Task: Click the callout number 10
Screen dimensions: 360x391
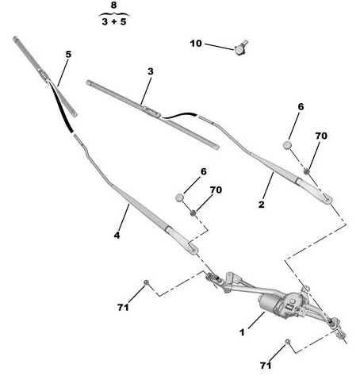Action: pos(196,44)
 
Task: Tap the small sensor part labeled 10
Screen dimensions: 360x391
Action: pos(240,48)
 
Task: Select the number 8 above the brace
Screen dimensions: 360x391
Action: pos(113,5)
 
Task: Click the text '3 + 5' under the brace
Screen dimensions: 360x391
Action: pos(114,21)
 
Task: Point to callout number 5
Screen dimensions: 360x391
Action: pos(68,54)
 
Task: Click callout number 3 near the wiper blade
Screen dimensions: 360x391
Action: pos(151,71)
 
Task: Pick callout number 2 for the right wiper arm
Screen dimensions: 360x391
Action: pos(262,204)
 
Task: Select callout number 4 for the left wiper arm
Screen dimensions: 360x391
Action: pos(117,235)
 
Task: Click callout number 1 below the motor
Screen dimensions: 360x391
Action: pos(242,332)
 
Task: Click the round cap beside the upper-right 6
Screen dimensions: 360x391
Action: pos(287,145)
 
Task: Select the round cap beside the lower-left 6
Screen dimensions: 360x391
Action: pos(180,197)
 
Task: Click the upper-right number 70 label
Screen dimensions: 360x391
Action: pos(321,136)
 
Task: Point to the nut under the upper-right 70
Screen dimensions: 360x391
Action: pos(307,171)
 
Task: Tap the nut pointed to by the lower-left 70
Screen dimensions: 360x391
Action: pos(193,213)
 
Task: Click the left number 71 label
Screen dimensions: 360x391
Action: pos(123,307)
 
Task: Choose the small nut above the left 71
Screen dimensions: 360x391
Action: pos(146,282)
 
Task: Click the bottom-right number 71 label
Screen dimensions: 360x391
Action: pos(266,366)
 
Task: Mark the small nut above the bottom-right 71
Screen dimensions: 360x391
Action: pos(287,341)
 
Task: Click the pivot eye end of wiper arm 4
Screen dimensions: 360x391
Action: pos(193,248)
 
